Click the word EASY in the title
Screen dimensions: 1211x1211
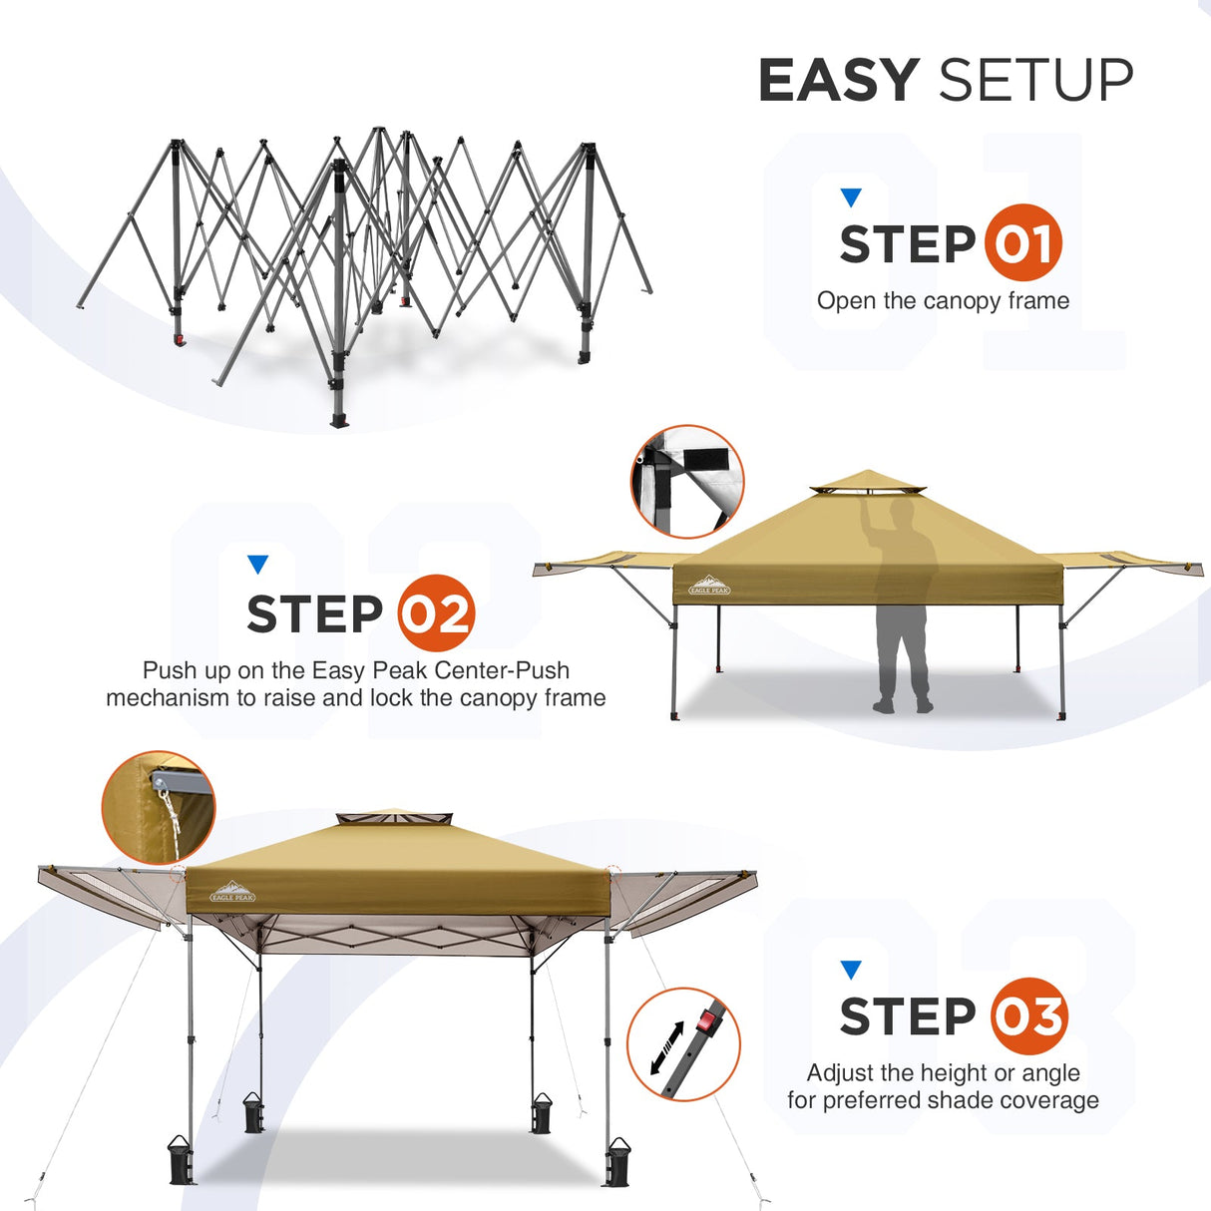click(838, 80)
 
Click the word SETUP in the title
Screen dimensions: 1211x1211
click(1035, 80)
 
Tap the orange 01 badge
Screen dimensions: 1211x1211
click(1023, 243)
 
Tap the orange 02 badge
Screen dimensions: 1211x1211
click(436, 613)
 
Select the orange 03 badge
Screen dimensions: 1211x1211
click(1029, 1016)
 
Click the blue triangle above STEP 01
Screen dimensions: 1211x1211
click(850, 197)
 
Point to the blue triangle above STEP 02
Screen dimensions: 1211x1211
click(257, 565)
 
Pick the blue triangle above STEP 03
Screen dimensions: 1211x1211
click(850, 970)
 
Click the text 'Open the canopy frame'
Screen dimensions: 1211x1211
click(943, 301)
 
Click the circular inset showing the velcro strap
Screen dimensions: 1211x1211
click(687, 482)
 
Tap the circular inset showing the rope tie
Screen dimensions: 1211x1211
click(159, 806)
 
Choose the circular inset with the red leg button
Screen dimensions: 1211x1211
click(684, 1044)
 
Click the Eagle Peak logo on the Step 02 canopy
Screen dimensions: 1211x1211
click(709, 586)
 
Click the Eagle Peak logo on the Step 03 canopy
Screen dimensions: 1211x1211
click(232, 892)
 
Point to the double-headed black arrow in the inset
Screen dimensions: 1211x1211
click(666, 1047)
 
